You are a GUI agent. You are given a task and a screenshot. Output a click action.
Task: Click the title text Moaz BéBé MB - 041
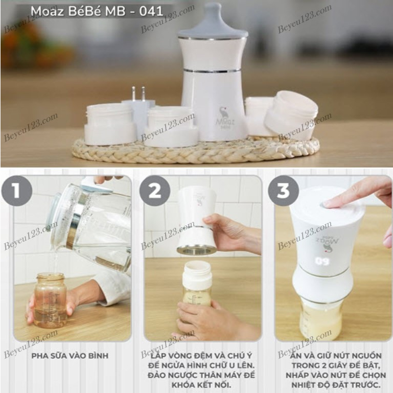coord(97,11)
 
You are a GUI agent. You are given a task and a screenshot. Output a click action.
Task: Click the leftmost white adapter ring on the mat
coord(110,124)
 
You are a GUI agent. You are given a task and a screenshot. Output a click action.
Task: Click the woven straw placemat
coord(194,150)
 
